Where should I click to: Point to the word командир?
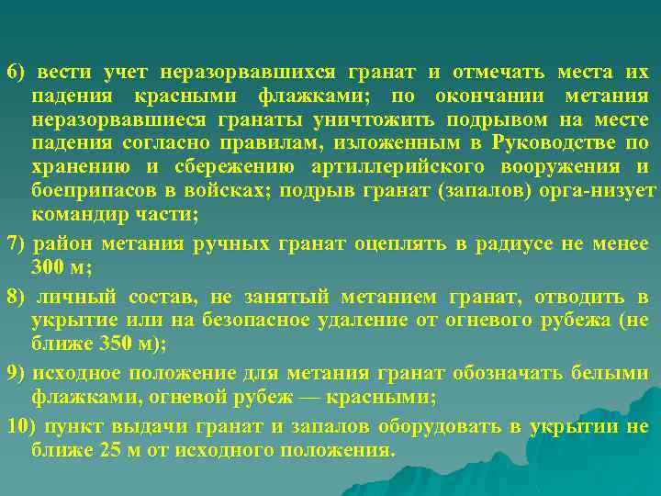[78, 214]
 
